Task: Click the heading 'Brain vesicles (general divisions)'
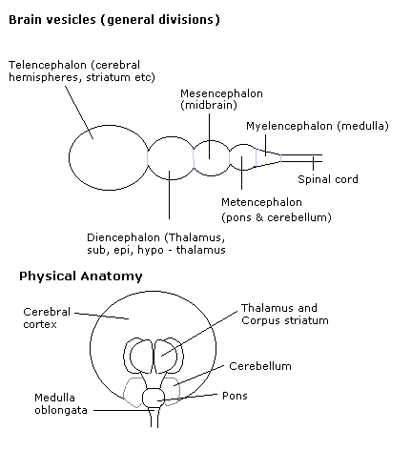click(114, 20)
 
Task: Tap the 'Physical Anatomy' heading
click(81, 276)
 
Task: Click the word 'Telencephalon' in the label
click(48, 65)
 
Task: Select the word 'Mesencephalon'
click(221, 93)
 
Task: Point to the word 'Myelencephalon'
click(289, 126)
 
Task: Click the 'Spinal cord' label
click(328, 179)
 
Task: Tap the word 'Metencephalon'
click(261, 202)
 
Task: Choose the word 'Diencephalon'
click(123, 237)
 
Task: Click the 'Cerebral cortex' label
click(47, 317)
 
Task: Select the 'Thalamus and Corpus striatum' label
click(285, 314)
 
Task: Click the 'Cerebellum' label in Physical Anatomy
click(260, 366)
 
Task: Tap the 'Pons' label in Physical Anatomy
click(235, 396)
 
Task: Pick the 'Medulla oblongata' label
click(61, 403)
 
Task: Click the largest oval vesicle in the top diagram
click(69, 158)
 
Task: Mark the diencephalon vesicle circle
click(171, 136)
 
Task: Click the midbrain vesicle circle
click(212, 141)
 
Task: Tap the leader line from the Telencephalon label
click(79, 112)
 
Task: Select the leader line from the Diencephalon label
click(169, 194)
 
